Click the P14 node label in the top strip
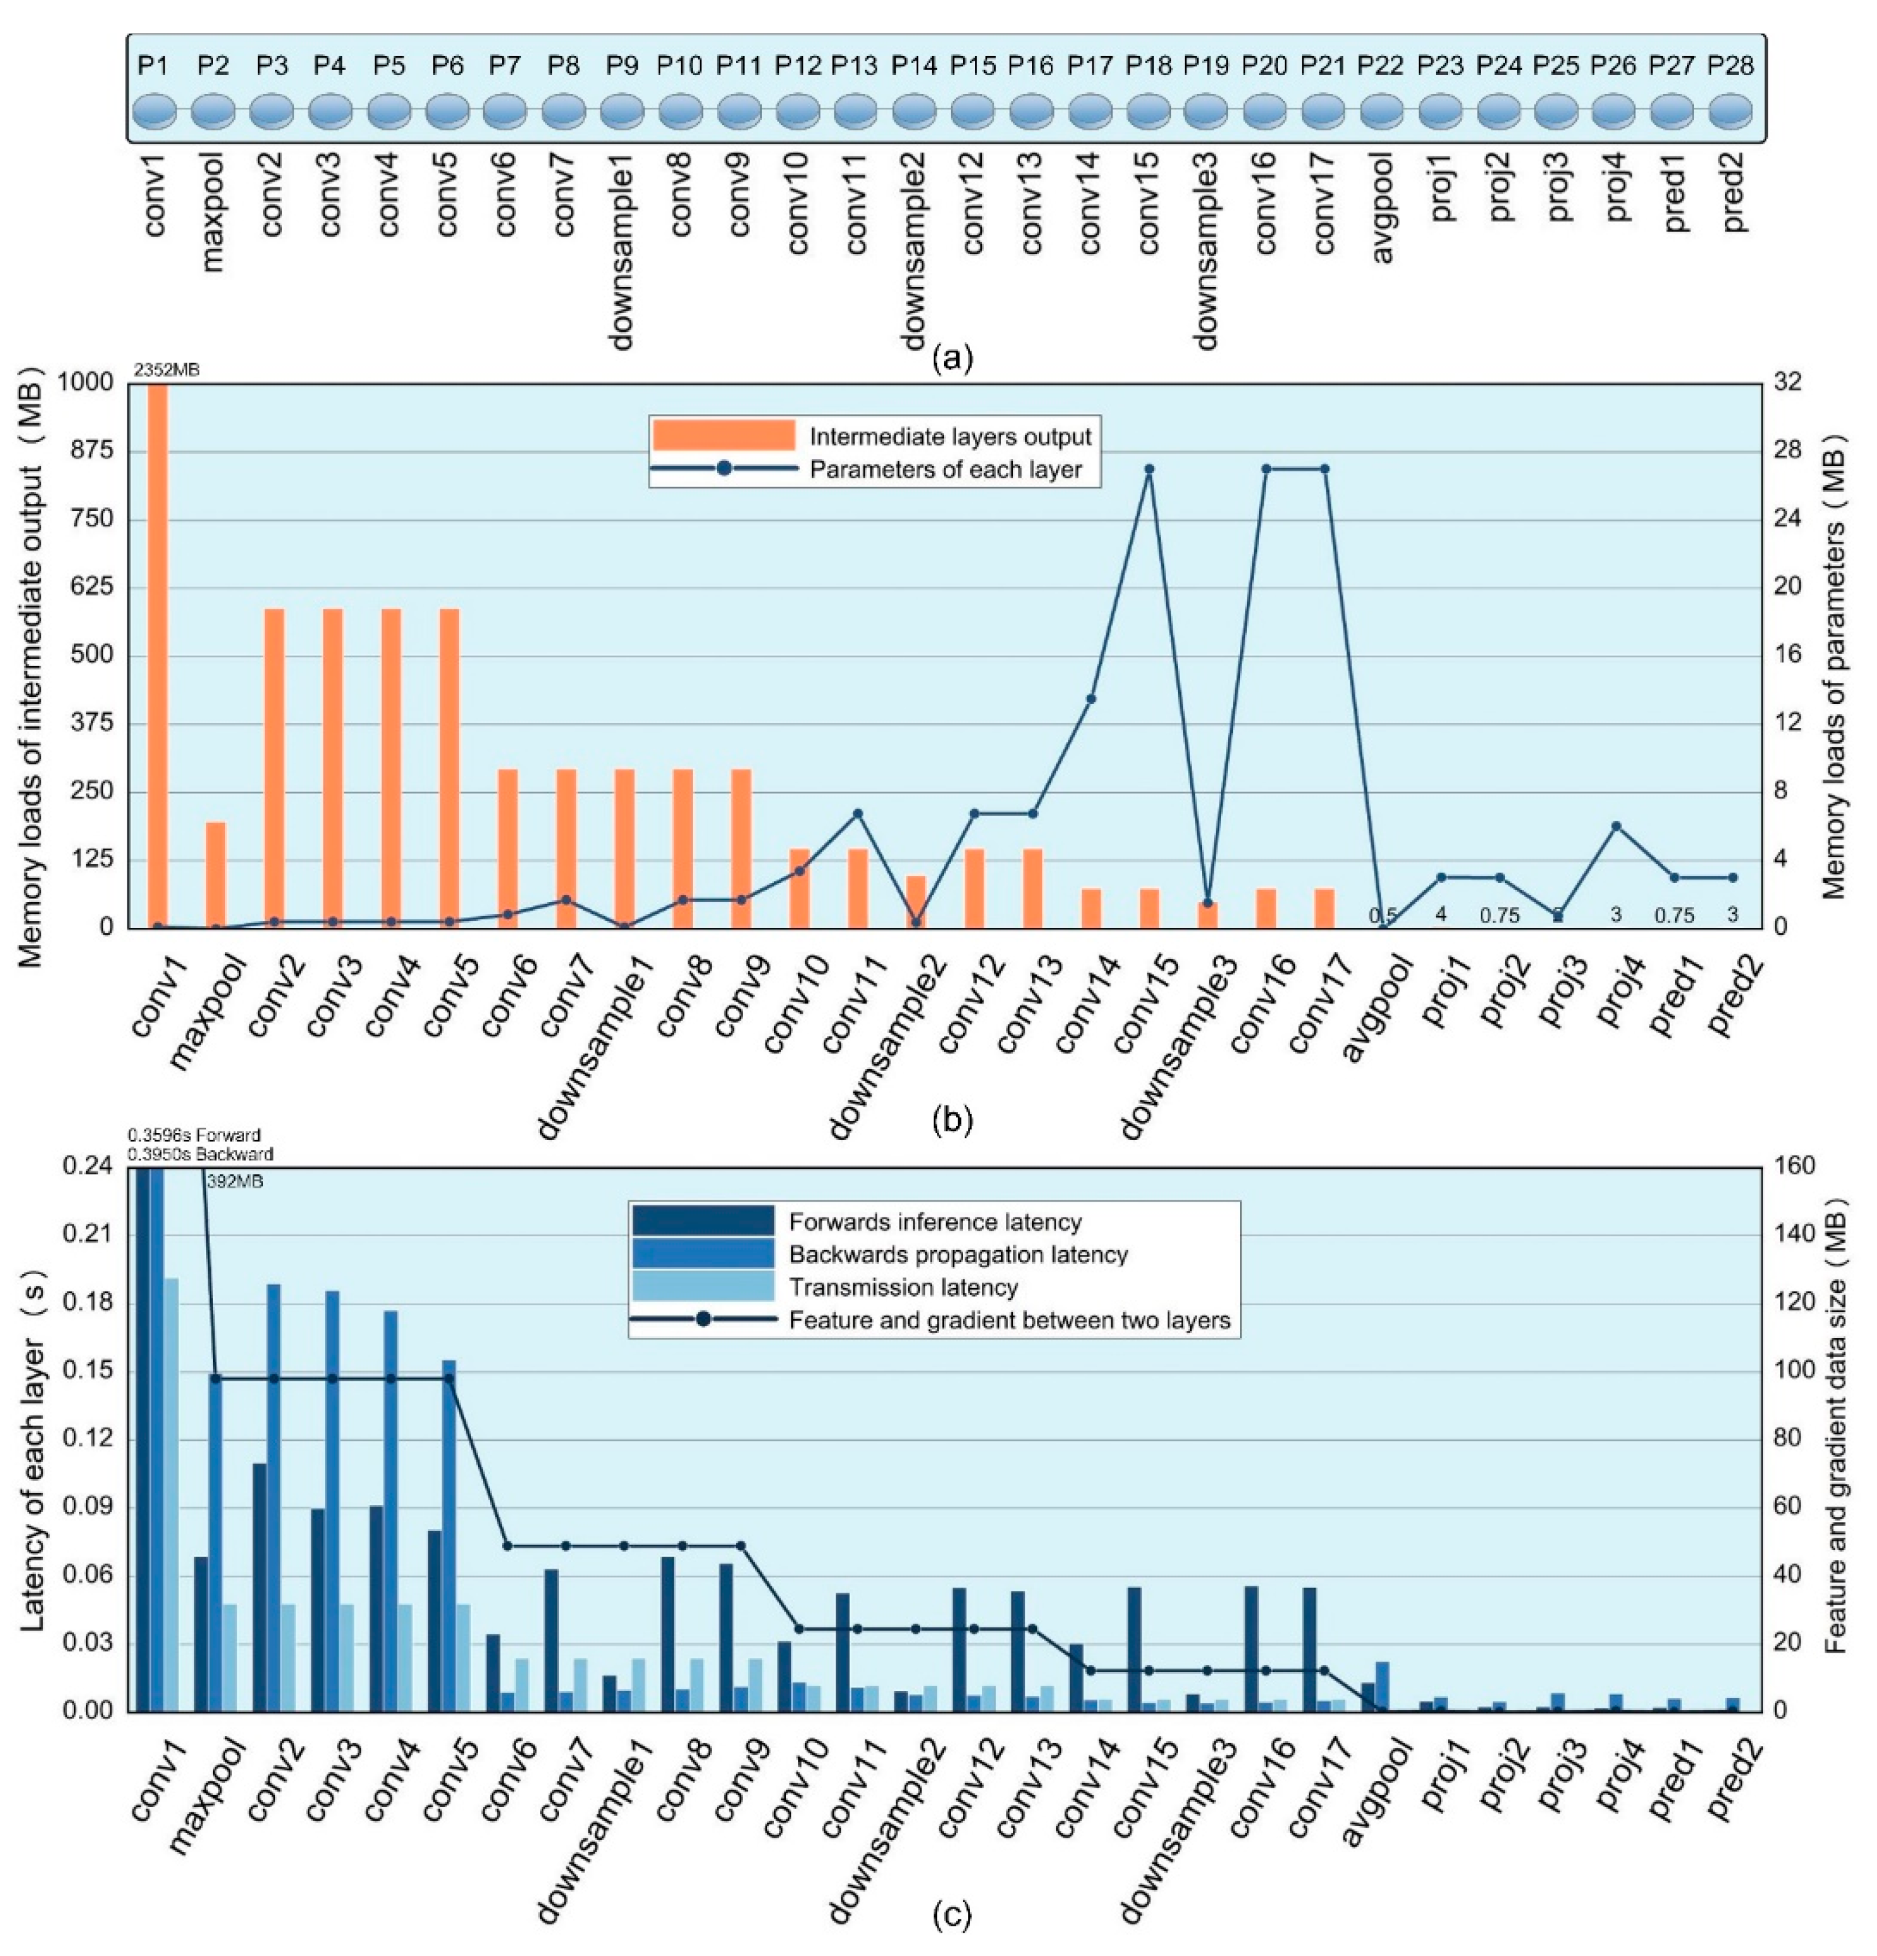913,66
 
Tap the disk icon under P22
1381,111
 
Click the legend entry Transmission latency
902,1287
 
